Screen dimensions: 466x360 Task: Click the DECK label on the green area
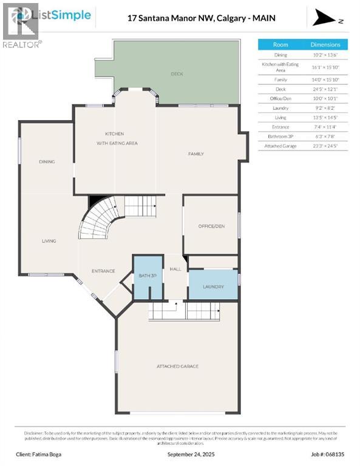tap(177, 74)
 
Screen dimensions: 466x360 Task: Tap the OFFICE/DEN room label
tap(211, 226)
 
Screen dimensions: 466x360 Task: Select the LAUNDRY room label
tap(213, 287)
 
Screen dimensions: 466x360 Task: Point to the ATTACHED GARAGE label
tap(177, 366)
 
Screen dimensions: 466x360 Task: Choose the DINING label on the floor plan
tap(47, 162)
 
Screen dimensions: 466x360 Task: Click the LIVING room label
tap(49, 241)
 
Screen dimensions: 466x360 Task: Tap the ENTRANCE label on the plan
tap(103, 271)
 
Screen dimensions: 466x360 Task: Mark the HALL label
tap(175, 268)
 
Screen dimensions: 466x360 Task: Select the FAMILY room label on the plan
tap(195, 154)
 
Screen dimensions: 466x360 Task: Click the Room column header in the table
tap(280, 45)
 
